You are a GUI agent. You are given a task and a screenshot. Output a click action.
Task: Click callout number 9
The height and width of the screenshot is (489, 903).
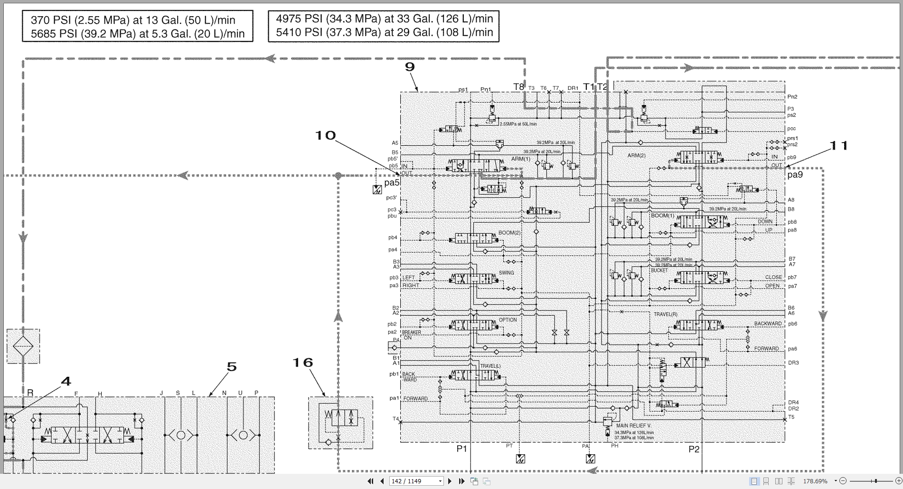coord(410,67)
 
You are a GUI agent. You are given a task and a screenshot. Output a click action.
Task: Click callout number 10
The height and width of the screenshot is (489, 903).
coord(326,135)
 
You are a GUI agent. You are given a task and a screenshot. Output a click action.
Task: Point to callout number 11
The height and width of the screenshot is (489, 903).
coord(838,146)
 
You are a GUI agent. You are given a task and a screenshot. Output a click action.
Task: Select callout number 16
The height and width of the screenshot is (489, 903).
coord(302,363)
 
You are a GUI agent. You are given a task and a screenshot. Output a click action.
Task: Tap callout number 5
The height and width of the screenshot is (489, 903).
coord(232,367)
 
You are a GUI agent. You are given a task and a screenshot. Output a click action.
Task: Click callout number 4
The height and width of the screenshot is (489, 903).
coord(66,381)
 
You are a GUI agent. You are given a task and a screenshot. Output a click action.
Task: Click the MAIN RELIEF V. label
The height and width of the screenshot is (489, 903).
coord(633,426)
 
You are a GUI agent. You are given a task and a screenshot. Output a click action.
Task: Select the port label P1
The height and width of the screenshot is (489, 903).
coord(461,449)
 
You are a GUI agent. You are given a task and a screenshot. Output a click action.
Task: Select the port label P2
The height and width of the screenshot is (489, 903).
coord(694,449)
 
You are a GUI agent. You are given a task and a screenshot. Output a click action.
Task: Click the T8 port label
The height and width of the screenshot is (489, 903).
coord(518,87)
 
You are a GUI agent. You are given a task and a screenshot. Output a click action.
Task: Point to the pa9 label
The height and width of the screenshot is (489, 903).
coord(795,175)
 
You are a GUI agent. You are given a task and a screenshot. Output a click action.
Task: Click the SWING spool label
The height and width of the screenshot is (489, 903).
coord(506,273)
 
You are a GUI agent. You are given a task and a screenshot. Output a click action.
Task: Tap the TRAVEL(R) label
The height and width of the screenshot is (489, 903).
coord(665,314)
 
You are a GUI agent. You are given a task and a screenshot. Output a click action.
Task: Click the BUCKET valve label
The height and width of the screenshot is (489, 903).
coord(659,270)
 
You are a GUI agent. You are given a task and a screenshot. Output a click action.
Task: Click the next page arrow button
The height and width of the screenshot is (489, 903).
coord(450,481)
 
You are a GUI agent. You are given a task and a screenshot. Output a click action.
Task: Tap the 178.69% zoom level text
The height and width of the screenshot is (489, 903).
coord(815,481)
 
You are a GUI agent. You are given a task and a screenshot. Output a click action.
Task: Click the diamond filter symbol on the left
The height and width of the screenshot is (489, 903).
coord(23,345)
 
